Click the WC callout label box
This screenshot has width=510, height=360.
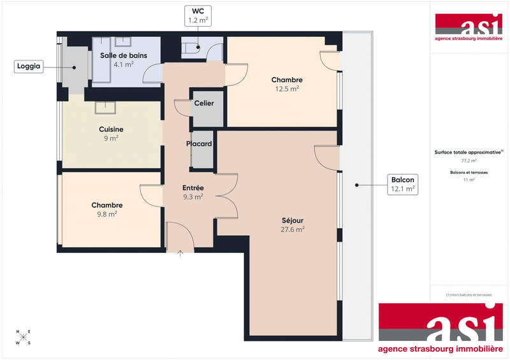[198, 16]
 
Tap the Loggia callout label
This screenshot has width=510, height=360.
[29, 67]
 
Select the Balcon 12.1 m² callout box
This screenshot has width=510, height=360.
[404, 185]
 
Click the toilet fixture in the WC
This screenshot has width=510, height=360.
[192, 47]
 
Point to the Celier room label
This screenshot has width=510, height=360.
[204, 103]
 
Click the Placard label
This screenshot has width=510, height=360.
[199, 144]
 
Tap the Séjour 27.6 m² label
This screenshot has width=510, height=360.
[293, 225]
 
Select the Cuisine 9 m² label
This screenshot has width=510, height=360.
[111, 134]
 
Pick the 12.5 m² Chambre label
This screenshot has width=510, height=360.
[286, 84]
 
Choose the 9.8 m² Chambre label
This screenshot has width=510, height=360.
[106, 210]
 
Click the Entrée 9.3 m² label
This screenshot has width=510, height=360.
[193, 192]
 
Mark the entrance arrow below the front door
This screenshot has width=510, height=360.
[180, 254]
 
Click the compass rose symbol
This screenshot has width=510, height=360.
[24, 337]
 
